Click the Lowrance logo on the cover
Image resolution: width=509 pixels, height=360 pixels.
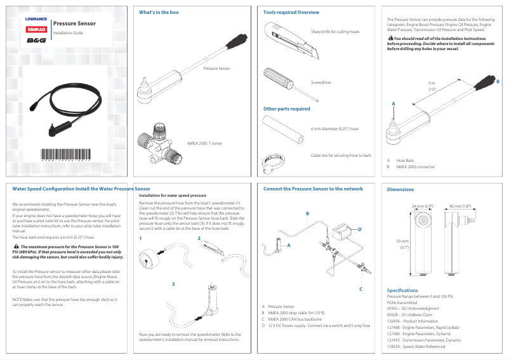point(36,19)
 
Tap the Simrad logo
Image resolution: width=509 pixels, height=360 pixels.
point(36,29)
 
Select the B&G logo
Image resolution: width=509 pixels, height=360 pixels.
point(36,40)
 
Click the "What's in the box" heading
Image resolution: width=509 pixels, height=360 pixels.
point(159,13)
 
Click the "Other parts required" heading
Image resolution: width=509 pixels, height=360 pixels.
point(286,109)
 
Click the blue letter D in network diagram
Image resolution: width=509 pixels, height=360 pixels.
point(360,229)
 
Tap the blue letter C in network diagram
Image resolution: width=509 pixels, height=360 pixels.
point(360,289)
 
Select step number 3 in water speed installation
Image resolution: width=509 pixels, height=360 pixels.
point(173,283)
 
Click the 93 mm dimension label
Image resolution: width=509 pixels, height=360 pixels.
point(402,244)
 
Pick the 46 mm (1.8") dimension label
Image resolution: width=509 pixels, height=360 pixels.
point(459,206)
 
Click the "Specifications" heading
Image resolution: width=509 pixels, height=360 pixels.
point(402,290)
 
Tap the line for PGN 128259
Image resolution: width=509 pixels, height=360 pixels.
point(416,346)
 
